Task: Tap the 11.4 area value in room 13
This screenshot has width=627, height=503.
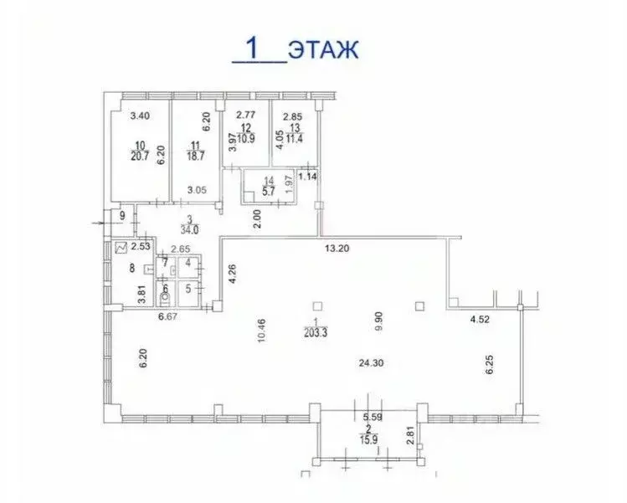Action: [x=294, y=138]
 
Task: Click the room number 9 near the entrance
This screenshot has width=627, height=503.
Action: [x=123, y=216]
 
